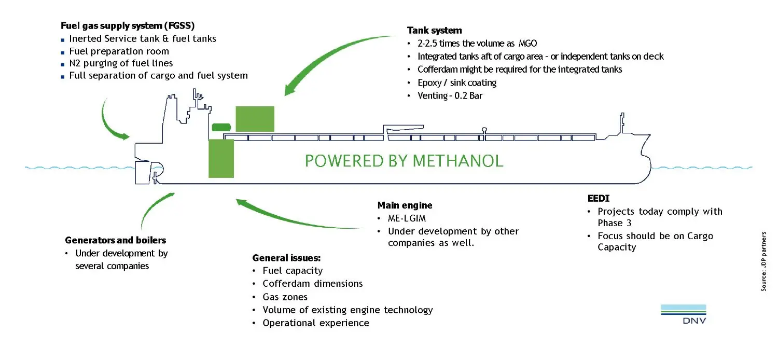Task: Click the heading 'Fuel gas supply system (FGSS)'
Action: pos(128,25)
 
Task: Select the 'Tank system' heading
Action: pos(434,31)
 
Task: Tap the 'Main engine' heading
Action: pos(405,205)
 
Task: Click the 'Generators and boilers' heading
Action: pos(116,240)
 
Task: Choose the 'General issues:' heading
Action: pos(286,258)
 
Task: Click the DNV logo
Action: pos(683,314)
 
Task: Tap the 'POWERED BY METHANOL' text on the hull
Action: pos(404,161)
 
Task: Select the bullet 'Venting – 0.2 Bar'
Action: pos(450,95)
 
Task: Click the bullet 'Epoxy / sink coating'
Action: pos(457,82)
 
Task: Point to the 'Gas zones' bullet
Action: pos(285,297)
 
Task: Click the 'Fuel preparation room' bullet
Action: pos(119,51)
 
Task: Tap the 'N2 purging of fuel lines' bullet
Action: pos(121,63)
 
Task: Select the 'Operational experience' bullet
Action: pos(316,323)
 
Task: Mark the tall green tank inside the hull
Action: pos(221,158)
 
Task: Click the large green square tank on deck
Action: pos(255,119)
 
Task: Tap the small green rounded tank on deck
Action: pos(221,127)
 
